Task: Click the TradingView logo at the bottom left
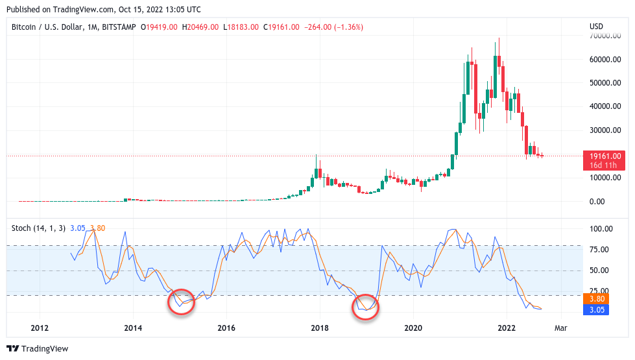tap(37, 348)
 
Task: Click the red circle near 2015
tap(182, 302)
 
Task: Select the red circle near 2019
tap(366, 306)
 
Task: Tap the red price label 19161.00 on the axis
tap(605, 156)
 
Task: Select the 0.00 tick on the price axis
tap(597, 201)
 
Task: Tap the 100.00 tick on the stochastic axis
tap(601, 229)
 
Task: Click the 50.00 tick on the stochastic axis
tap(599, 270)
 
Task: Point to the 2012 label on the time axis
tap(40, 328)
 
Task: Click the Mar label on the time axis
tap(560, 328)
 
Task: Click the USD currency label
tap(595, 27)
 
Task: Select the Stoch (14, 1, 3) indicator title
tap(38, 228)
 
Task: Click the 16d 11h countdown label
tap(605, 165)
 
